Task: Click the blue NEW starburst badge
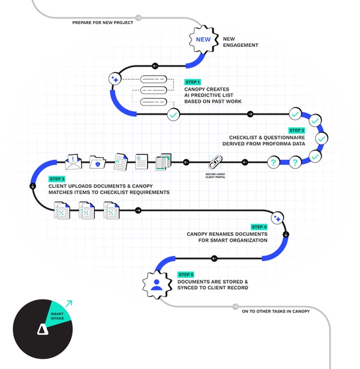click(x=203, y=41)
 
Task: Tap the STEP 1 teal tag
click(x=192, y=82)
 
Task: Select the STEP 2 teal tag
click(x=296, y=130)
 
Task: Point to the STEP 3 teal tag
click(x=56, y=179)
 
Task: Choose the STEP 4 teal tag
click(x=259, y=227)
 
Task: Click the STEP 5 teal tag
click(x=185, y=274)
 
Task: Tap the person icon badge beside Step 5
click(x=157, y=284)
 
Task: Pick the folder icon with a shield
click(x=97, y=162)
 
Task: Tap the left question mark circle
click(x=274, y=162)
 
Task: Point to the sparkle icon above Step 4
click(x=277, y=218)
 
